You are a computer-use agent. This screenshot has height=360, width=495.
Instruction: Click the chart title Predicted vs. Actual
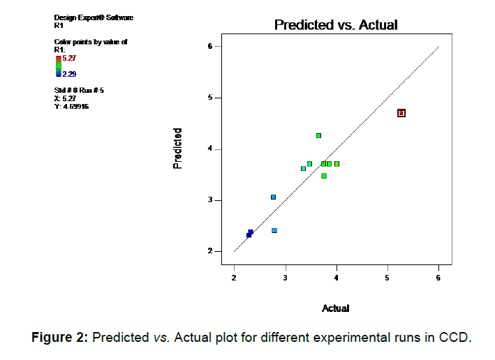pos(336,25)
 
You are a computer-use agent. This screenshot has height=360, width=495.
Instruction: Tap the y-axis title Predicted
pos(179,148)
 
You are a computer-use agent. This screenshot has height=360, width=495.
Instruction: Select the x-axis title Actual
pos(335,308)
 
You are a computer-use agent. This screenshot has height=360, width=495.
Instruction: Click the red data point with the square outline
pos(401,113)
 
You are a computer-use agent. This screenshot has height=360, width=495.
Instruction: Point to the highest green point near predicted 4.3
pos(318,135)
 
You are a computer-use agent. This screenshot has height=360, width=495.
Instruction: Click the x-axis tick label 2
pos(234,278)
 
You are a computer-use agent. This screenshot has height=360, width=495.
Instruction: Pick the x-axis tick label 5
pos(387,278)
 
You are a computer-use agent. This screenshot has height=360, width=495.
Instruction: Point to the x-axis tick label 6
pos(438,278)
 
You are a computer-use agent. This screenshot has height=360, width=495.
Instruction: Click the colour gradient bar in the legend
pos(59,66)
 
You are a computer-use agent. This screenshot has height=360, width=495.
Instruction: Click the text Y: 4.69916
pos(71,107)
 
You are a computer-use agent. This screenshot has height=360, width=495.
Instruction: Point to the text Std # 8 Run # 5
pos(79,91)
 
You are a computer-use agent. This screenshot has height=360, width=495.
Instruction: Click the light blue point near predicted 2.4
pos(274,230)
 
